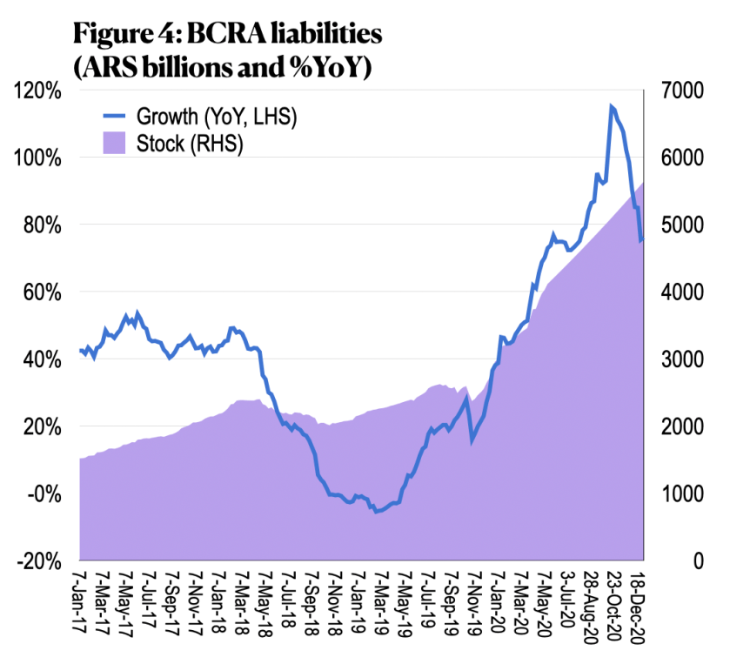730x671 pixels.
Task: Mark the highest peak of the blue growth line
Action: [x=611, y=106]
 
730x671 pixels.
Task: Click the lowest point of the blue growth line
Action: [x=377, y=512]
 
